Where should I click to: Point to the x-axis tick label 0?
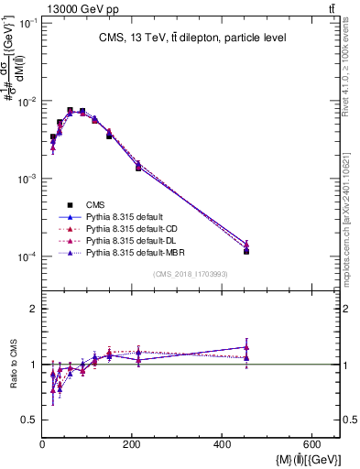[x=42, y=445]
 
